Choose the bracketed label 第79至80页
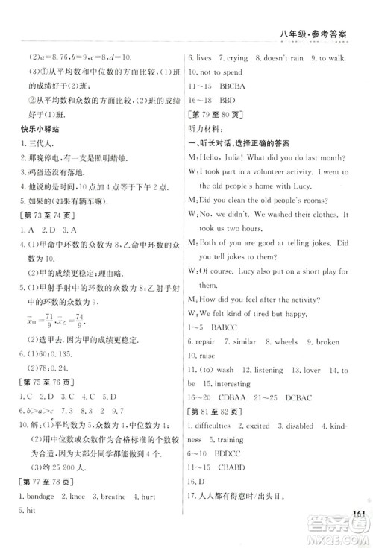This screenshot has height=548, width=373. (x=213, y=116)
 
